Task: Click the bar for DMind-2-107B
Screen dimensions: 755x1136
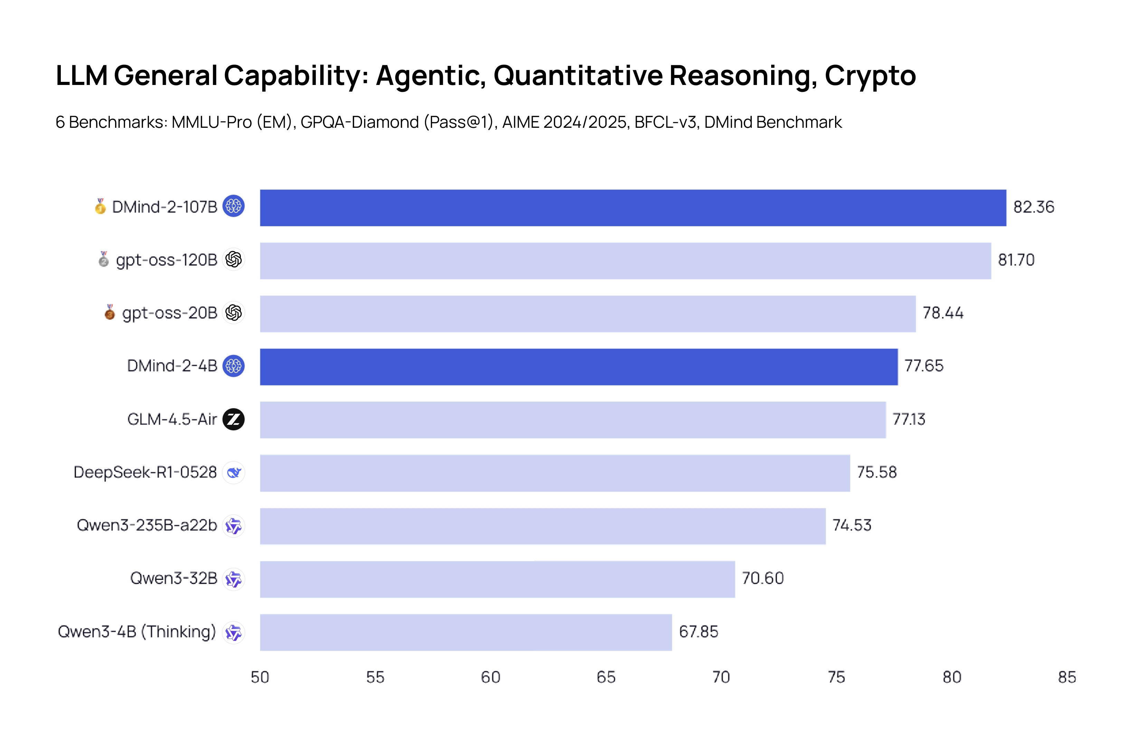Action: pos(632,208)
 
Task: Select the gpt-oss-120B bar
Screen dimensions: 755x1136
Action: pos(625,260)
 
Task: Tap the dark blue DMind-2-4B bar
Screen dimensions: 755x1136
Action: pos(578,366)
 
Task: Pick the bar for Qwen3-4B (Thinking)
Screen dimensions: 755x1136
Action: pos(466,632)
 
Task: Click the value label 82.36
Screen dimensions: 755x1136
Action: pos(1033,207)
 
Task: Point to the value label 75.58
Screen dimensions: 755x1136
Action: pos(877,472)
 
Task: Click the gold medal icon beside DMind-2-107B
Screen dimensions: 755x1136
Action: pos(100,207)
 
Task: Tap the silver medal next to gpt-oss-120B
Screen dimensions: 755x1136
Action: pos(104,259)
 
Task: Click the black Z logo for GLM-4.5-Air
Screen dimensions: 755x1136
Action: pos(234,419)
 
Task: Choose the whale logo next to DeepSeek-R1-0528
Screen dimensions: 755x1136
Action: pos(234,472)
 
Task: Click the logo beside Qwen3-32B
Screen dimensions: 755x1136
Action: pos(234,579)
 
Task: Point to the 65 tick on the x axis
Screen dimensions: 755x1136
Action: pos(606,677)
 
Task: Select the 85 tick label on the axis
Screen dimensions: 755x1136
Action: pos(1067,677)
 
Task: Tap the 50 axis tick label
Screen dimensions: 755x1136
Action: pos(260,677)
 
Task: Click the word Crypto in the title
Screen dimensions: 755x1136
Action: pos(870,76)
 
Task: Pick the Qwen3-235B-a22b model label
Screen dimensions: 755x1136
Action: pos(147,525)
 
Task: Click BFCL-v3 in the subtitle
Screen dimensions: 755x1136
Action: pos(665,122)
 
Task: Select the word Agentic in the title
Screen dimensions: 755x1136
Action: pos(430,76)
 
